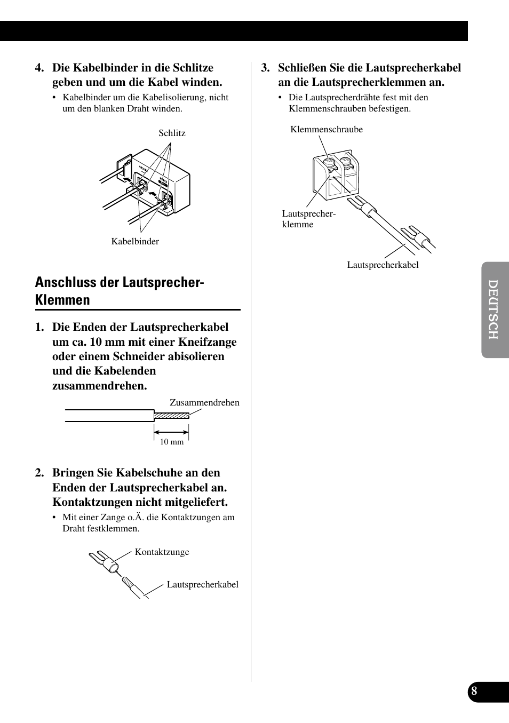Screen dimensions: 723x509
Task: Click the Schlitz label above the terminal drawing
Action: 172,133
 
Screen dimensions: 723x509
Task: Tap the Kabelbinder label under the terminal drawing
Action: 135,241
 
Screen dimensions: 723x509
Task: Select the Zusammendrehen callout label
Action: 204,402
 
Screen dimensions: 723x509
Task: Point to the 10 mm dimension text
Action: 172,442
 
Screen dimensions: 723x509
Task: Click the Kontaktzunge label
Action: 162,552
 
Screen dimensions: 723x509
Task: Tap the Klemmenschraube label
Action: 327,129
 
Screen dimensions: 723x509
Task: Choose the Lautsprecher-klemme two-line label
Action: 308,219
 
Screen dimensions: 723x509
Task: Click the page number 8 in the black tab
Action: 474,692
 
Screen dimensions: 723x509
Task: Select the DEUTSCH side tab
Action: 494,309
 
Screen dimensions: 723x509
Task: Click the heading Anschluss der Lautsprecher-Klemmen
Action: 120,291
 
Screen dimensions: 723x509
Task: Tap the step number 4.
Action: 39,68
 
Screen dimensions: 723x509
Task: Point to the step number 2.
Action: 39,473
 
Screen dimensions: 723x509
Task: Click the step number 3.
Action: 265,68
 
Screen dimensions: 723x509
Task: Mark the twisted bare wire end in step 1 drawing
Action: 171,416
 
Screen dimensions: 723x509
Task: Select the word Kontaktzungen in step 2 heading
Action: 92,502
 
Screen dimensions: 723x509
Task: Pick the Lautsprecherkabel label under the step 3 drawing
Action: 383,265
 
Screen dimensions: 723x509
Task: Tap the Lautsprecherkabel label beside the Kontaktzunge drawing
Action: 202,584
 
